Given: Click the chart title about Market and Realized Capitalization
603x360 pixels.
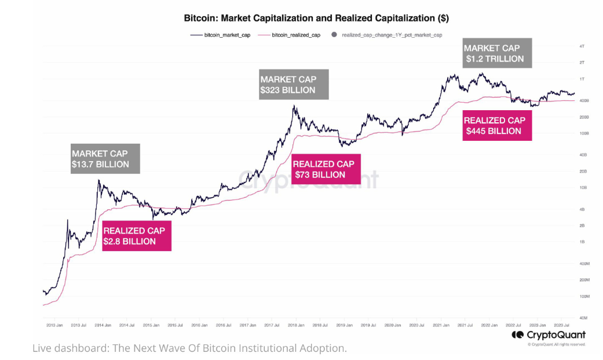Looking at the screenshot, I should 316,18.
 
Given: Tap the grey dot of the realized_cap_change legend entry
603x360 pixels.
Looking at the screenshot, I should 334,35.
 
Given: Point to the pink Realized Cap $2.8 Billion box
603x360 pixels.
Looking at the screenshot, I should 136,236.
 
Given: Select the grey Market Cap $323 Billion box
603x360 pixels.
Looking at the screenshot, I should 294,85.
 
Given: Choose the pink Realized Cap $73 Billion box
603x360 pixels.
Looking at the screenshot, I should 327,169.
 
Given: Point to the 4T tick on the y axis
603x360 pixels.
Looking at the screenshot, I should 582,46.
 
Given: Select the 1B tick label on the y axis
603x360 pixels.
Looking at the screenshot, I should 582,242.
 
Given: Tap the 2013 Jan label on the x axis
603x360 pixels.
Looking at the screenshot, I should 54,326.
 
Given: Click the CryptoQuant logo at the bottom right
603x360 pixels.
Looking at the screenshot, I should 548,335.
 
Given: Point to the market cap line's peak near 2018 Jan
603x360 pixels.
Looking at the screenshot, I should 294,106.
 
